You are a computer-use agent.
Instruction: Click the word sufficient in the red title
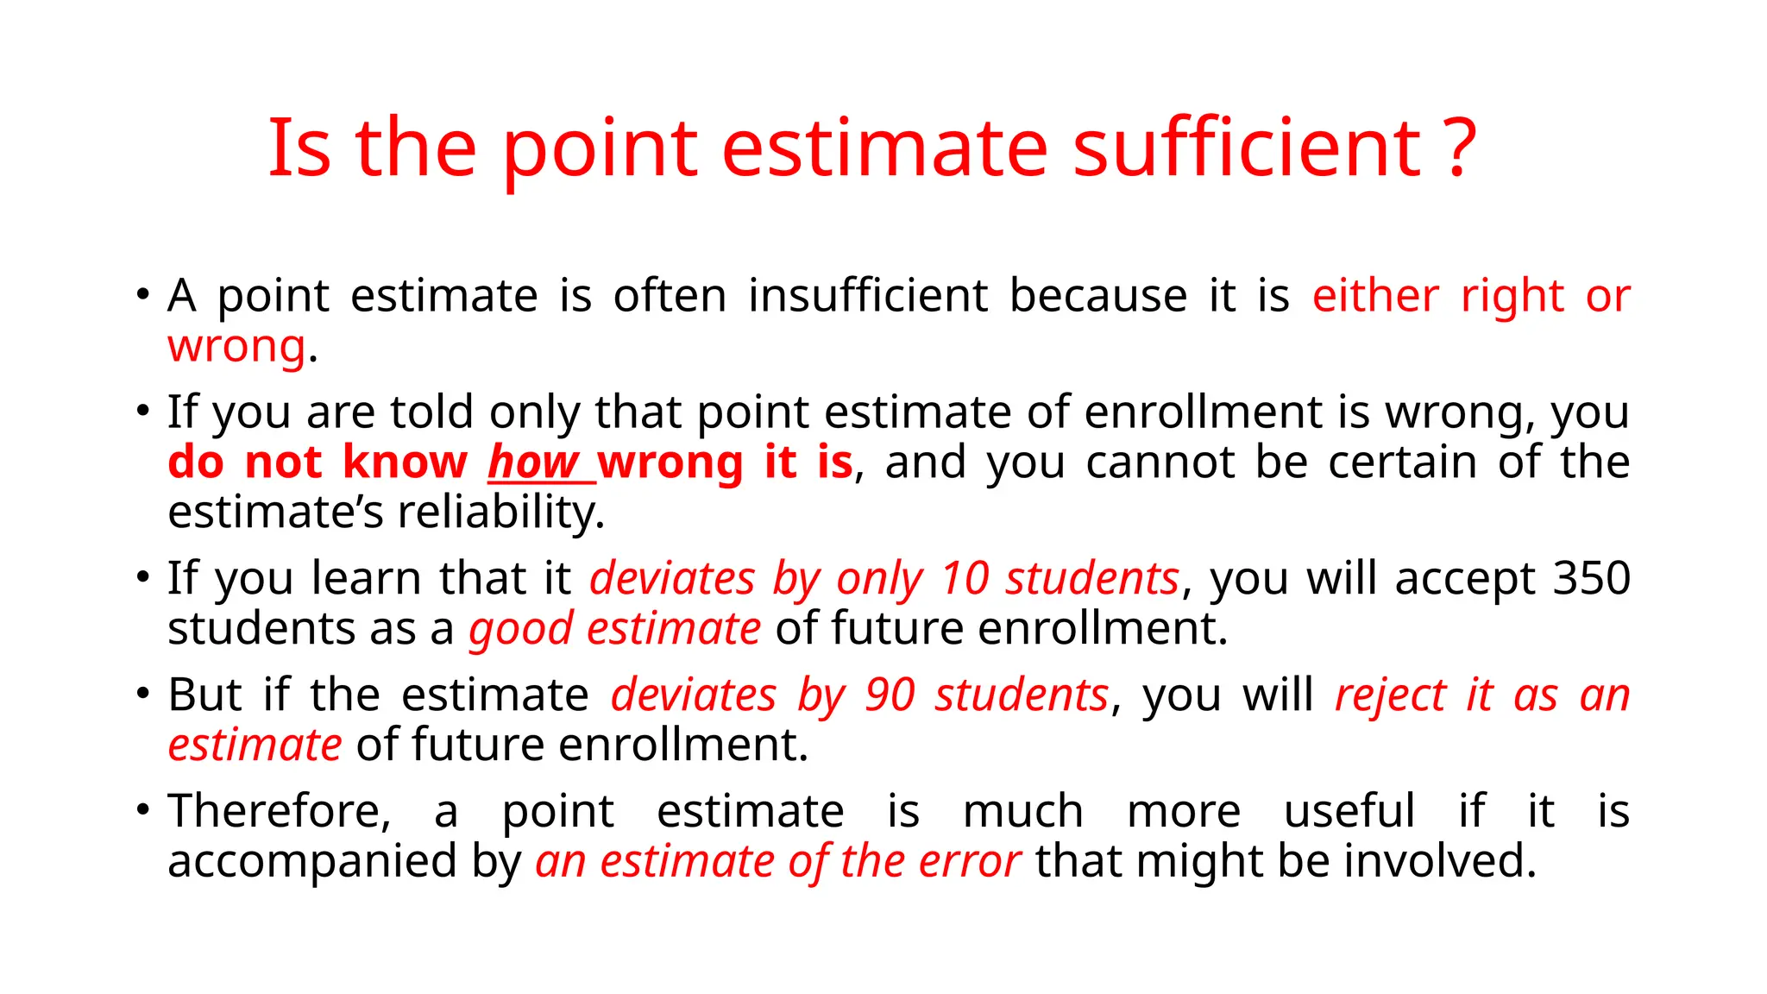pyautogui.click(x=1246, y=148)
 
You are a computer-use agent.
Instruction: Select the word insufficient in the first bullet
pyautogui.click(x=867, y=296)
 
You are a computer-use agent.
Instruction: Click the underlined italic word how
pyautogui.click(x=532, y=462)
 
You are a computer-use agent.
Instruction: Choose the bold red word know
pyautogui.click(x=405, y=462)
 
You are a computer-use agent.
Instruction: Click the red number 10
pyautogui.click(x=964, y=578)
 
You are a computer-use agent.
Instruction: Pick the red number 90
pyautogui.click(x=890, y=695)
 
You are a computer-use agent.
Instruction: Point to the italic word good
pyautogui.click(x=520, y=629)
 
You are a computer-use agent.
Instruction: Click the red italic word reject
pyautogui.click(x=1390, y=695)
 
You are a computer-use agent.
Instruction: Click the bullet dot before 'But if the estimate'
pyautogui.click(x=142, y=694)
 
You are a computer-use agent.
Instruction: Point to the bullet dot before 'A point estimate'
pyautogui.click(x=142, y=294)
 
